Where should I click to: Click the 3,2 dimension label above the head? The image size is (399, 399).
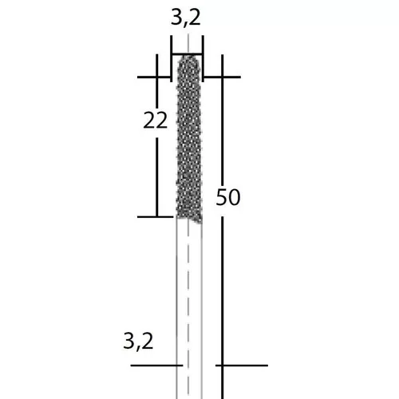click(x=186, y=18)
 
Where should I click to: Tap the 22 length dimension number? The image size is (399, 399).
click(x=156, y=120)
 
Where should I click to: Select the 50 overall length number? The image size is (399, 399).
click(x=228, y=197)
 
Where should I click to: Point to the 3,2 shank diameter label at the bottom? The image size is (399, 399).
click(x=138, y=342)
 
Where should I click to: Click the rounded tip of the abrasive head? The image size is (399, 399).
click(x=188, y=56)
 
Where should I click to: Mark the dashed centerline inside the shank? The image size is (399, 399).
click(x=188, y=309)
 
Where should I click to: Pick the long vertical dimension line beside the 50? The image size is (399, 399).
click(x=222, y=227)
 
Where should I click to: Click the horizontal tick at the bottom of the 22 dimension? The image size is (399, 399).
click(x=156, y=217)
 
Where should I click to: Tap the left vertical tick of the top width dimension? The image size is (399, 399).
click(x=171, y=58)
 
